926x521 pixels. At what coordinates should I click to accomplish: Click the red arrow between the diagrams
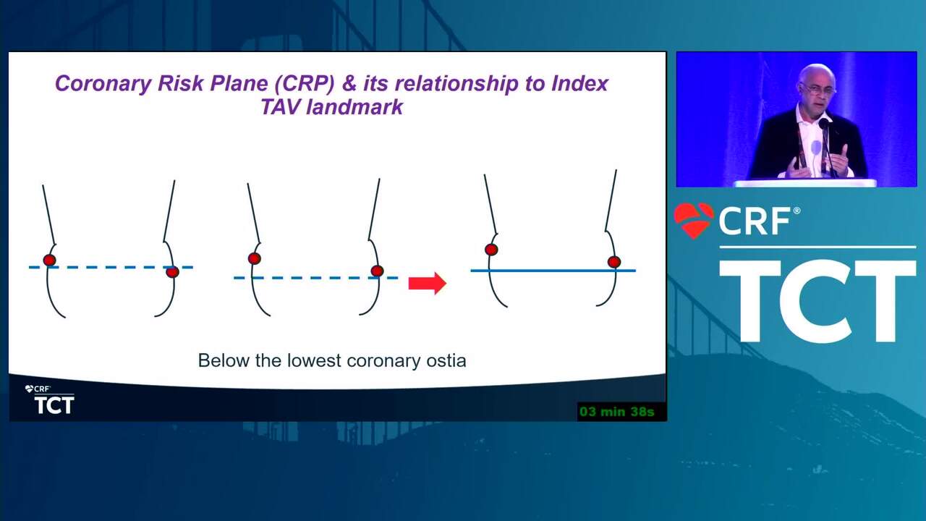point(427,283)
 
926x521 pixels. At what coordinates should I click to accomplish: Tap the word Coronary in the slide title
point(103,83)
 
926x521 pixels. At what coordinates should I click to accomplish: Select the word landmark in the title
point(354,107)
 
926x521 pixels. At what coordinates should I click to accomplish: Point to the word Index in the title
point(579,83)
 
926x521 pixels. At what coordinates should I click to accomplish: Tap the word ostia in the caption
point(446,360)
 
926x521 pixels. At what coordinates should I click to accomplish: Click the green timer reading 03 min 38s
point(617,412)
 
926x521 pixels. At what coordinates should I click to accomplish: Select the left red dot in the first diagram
point(50,260)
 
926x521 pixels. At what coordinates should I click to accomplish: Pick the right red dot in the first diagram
point(172,272)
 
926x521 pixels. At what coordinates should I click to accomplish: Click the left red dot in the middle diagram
point(254,259)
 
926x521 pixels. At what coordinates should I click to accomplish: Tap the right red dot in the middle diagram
point(377,271)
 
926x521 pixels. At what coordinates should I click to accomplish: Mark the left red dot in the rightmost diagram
point(491,250)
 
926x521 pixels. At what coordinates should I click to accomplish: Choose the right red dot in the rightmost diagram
point(614,262)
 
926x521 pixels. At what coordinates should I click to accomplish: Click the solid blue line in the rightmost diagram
point(553,271)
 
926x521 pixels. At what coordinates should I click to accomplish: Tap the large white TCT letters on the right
point(817,301)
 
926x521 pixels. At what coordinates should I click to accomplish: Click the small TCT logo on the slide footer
point(54,404)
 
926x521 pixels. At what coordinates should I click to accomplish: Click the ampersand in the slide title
point(349,83)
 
